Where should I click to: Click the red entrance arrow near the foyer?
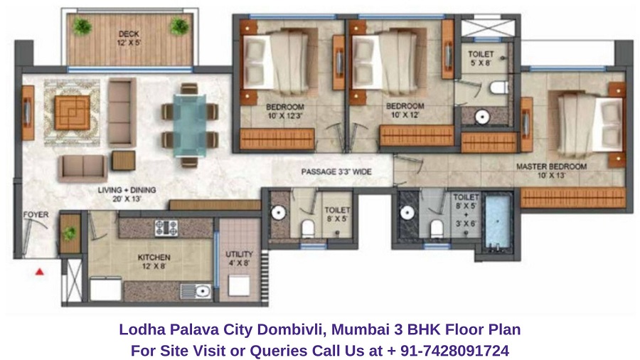point(41,271)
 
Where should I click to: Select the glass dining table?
point(188,124)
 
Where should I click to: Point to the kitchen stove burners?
point(166,228)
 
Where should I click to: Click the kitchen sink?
point(196,290)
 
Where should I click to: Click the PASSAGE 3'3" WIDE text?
point(336,172)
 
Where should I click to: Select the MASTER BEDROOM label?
point(552,167)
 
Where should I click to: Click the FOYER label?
point(36,213)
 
